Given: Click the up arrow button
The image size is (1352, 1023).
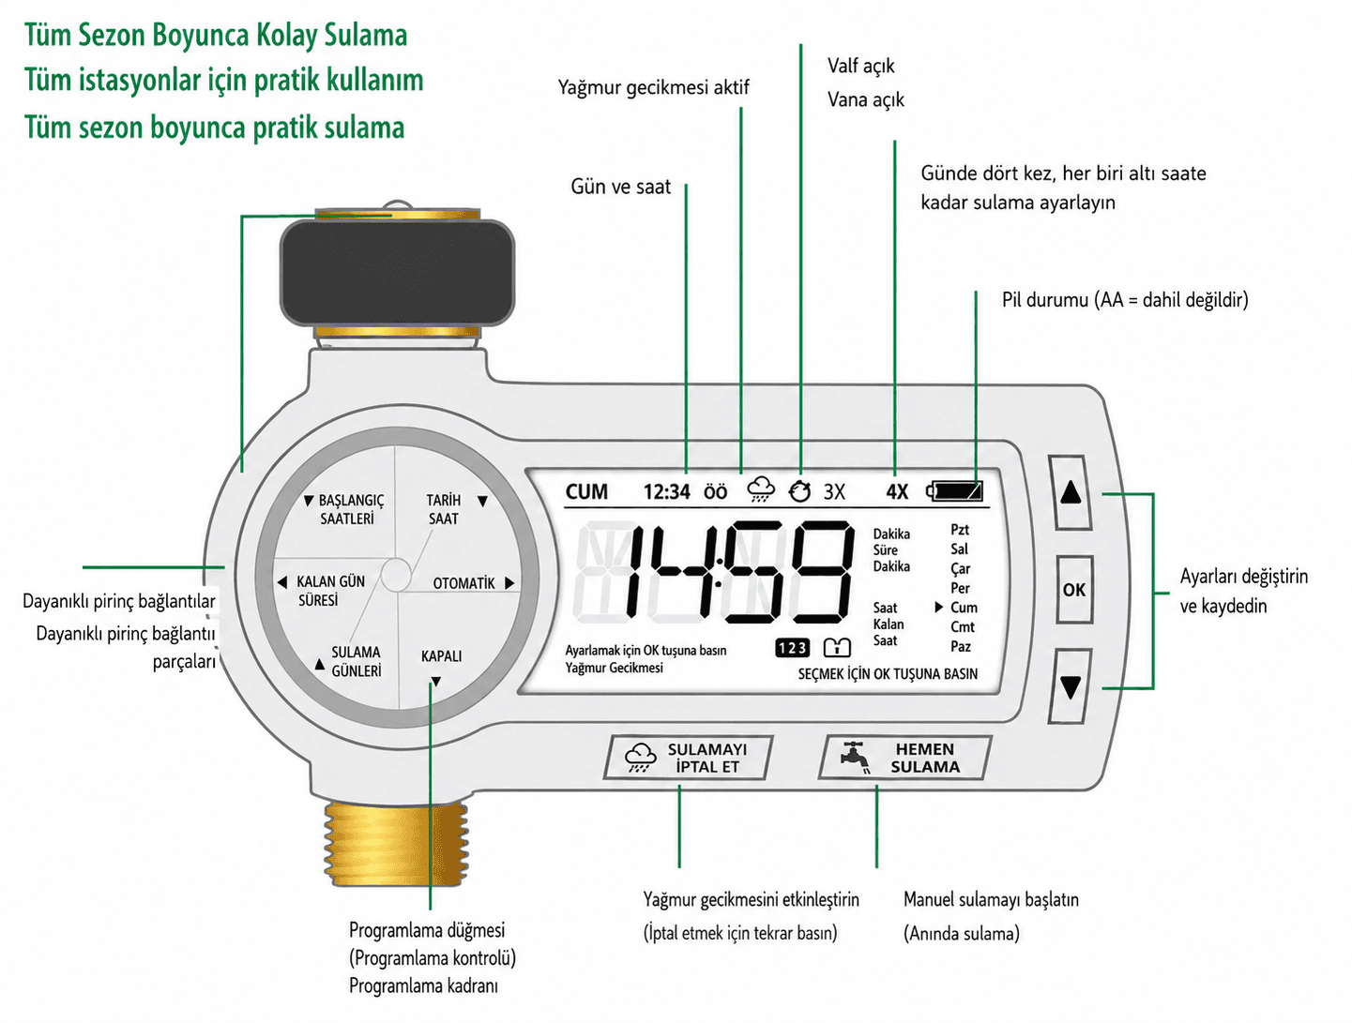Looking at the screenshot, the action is (x=1071, y=493).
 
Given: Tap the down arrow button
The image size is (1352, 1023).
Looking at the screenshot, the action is (x=1071, y=686).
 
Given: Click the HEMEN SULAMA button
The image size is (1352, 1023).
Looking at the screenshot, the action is (x=904, y=758).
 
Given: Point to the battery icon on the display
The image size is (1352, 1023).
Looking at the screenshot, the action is (x=955, y=491).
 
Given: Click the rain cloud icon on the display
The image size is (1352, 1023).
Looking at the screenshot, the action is (x=761, y=490).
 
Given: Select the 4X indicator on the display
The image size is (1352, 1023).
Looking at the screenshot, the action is (x=897, y=491).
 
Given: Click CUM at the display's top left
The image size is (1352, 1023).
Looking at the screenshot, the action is (x=586, y=491).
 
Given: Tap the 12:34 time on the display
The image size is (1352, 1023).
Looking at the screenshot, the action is (x=666, y=491).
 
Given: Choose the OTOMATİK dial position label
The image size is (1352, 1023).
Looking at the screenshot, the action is (x=463, y=583).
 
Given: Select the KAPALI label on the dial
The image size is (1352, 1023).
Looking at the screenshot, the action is (x=441, y=656).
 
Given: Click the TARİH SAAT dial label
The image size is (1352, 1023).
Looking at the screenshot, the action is (x=444, y=509).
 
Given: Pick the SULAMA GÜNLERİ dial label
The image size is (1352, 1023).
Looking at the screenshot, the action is (x=356, y=662).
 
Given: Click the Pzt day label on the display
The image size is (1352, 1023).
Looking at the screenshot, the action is (x=960, y=530).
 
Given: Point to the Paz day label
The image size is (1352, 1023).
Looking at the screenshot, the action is (x=960, y=646).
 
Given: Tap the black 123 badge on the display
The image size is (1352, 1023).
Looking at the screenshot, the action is (x=792, y=648).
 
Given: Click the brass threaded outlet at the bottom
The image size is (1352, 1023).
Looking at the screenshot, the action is (x=396, y=843).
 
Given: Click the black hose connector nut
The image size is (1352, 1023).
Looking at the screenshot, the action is (x=397, y=272).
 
